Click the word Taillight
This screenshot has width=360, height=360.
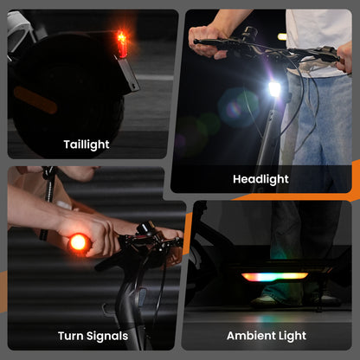pyautogui.click(x=87, y=145)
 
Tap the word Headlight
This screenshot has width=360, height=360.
pyautogui.click(x=260, y=179)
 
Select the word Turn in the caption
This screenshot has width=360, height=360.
pyautogui.click(x=71, y=336)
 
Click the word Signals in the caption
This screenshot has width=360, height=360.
pyautogui.click(x=107, y=337)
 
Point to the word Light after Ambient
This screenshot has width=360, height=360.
pyautogui.click(x=288, y=336)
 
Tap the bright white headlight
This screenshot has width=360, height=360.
pyautogui.click(x=274, y=89)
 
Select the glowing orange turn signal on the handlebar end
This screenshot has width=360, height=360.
pyautogui.click(x=78, y=242)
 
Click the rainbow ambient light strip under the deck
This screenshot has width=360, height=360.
pyautogui.click(x=274, y=277)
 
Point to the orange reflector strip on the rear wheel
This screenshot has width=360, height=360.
pyautogui.click(x=35, y=100)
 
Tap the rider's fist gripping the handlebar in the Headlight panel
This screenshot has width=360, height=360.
pyautogui.click(x=207, y=42)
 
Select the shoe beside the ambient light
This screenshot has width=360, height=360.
pyautogui.click(x=267, y=300)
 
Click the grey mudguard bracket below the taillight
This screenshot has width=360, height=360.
pyautogui.click(x=128, y=74)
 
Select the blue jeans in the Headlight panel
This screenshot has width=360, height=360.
pyautogui.click(x=318, y=121)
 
